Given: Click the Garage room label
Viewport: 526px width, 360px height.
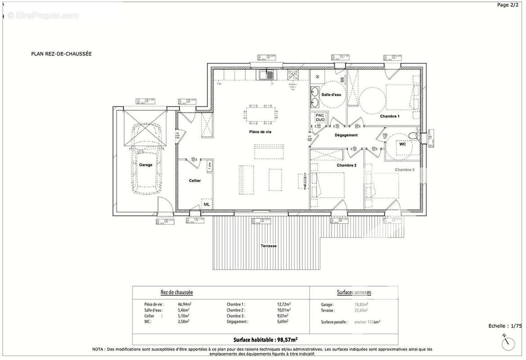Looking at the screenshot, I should pyautogui.click(x=145, y=165).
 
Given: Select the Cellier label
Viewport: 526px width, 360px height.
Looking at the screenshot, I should pyautogui.click(x=194, y=180).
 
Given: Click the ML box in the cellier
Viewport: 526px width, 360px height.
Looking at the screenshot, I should pyautogui.click(x=207, y=204).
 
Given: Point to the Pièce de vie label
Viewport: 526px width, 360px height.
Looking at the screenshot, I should pyautogui.click(x=260, y=131).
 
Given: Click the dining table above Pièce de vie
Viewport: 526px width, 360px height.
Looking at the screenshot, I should pyautogui.click(x=260, y=114).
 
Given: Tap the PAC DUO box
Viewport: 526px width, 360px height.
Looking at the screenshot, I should pyautogui.click(x=320, y=117).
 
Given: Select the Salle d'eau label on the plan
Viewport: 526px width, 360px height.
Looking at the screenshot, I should pyautogui.click(x=331, y=95).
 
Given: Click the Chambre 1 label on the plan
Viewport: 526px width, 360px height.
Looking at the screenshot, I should pyautogui.click(x=390, y=116).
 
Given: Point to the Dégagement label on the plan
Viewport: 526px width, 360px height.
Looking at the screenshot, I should pyautogui.click(x=346, y=135).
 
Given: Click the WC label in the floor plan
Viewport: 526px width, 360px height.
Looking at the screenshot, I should pyautogui.click(x=403, y=144).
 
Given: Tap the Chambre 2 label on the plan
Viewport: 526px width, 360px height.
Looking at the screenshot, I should pyautogui.click(x=346, y=165).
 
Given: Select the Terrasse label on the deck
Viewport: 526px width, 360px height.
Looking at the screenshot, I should pyautogui.click(x=269, y=246).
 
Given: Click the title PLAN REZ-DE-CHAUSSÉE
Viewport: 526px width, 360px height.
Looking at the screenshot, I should pyautogui.click(x=61, y=54).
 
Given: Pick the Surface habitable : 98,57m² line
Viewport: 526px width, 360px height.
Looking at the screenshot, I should pyautogui.click(x=265, y=340).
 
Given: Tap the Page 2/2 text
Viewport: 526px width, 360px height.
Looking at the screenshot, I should pyautogui.click(x=508, y=5).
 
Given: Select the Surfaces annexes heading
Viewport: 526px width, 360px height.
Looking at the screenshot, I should pyautogui.click(x=354, y=292).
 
